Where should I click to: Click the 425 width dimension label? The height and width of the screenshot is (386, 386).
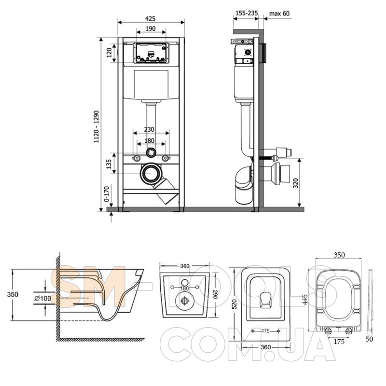[150, 18]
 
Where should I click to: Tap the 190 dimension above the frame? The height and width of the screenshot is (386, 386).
[151, 28]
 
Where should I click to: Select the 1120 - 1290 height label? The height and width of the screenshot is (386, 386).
[96, 126]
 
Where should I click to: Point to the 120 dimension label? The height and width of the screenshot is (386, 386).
[109, 53]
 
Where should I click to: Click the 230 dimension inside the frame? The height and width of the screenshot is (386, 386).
[149, 129]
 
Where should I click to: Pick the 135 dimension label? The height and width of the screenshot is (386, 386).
[109, 164]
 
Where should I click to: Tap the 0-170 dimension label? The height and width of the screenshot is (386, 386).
[106, 194]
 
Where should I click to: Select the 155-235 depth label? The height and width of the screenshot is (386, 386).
[247, 13]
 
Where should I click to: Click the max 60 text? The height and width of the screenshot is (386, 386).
[279, 13]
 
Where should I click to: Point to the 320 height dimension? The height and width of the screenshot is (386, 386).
[296, 183]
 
